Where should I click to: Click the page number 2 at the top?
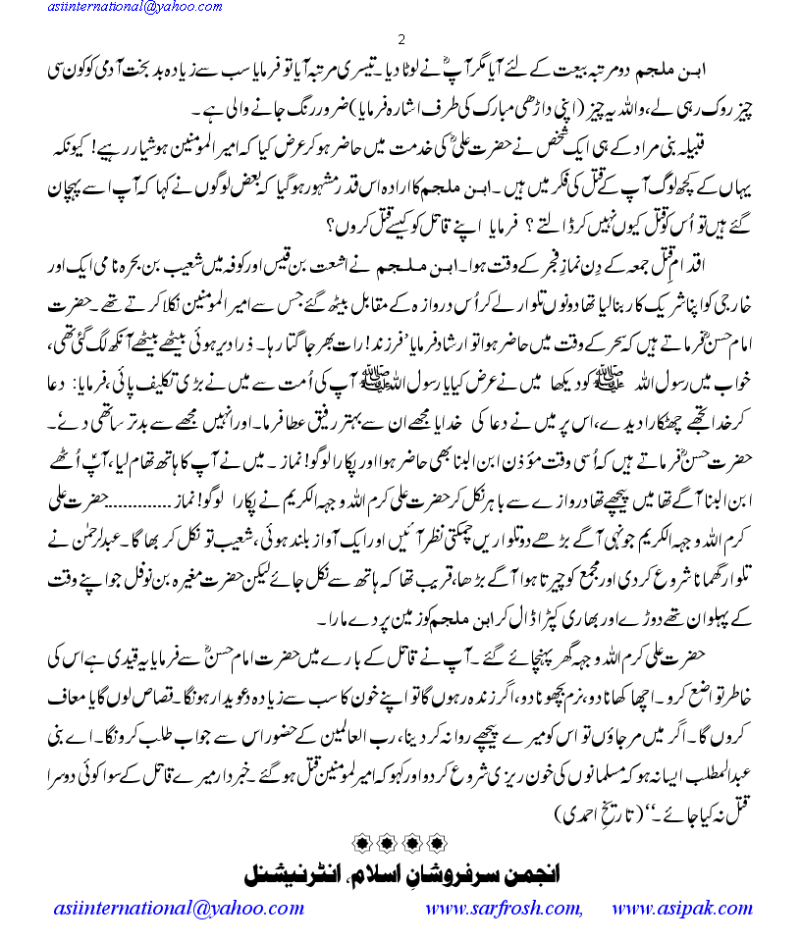(400, 38)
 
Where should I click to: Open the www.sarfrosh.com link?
(504, 908)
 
